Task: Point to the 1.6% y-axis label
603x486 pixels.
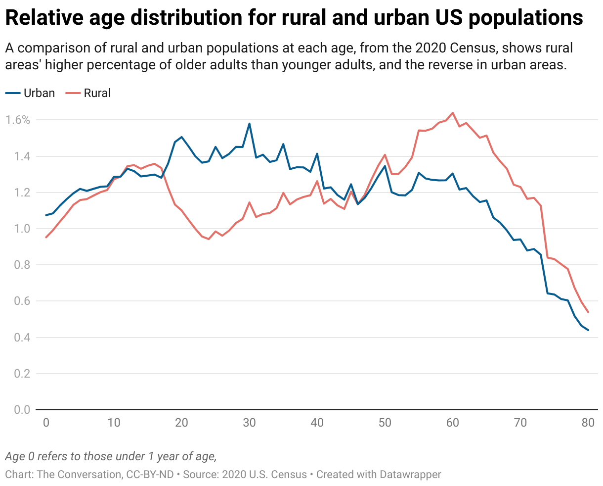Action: [18, 120]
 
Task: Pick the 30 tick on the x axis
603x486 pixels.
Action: [249, 423]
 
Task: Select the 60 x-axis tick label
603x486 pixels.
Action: [452, 423]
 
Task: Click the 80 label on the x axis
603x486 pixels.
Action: [588, 423]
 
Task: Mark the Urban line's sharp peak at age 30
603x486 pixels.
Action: [249, 124]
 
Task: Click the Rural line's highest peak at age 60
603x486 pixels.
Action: [452, 113]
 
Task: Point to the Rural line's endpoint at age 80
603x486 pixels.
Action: [588, 312]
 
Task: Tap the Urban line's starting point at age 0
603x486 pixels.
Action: [46, 215]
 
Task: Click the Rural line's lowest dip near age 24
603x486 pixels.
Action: [209, 239]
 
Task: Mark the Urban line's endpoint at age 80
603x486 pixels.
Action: [588, 330]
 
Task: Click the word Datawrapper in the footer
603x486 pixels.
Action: [410, 474]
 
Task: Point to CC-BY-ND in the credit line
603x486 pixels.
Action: [150, 474]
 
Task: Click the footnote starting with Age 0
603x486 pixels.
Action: [111, 456]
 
